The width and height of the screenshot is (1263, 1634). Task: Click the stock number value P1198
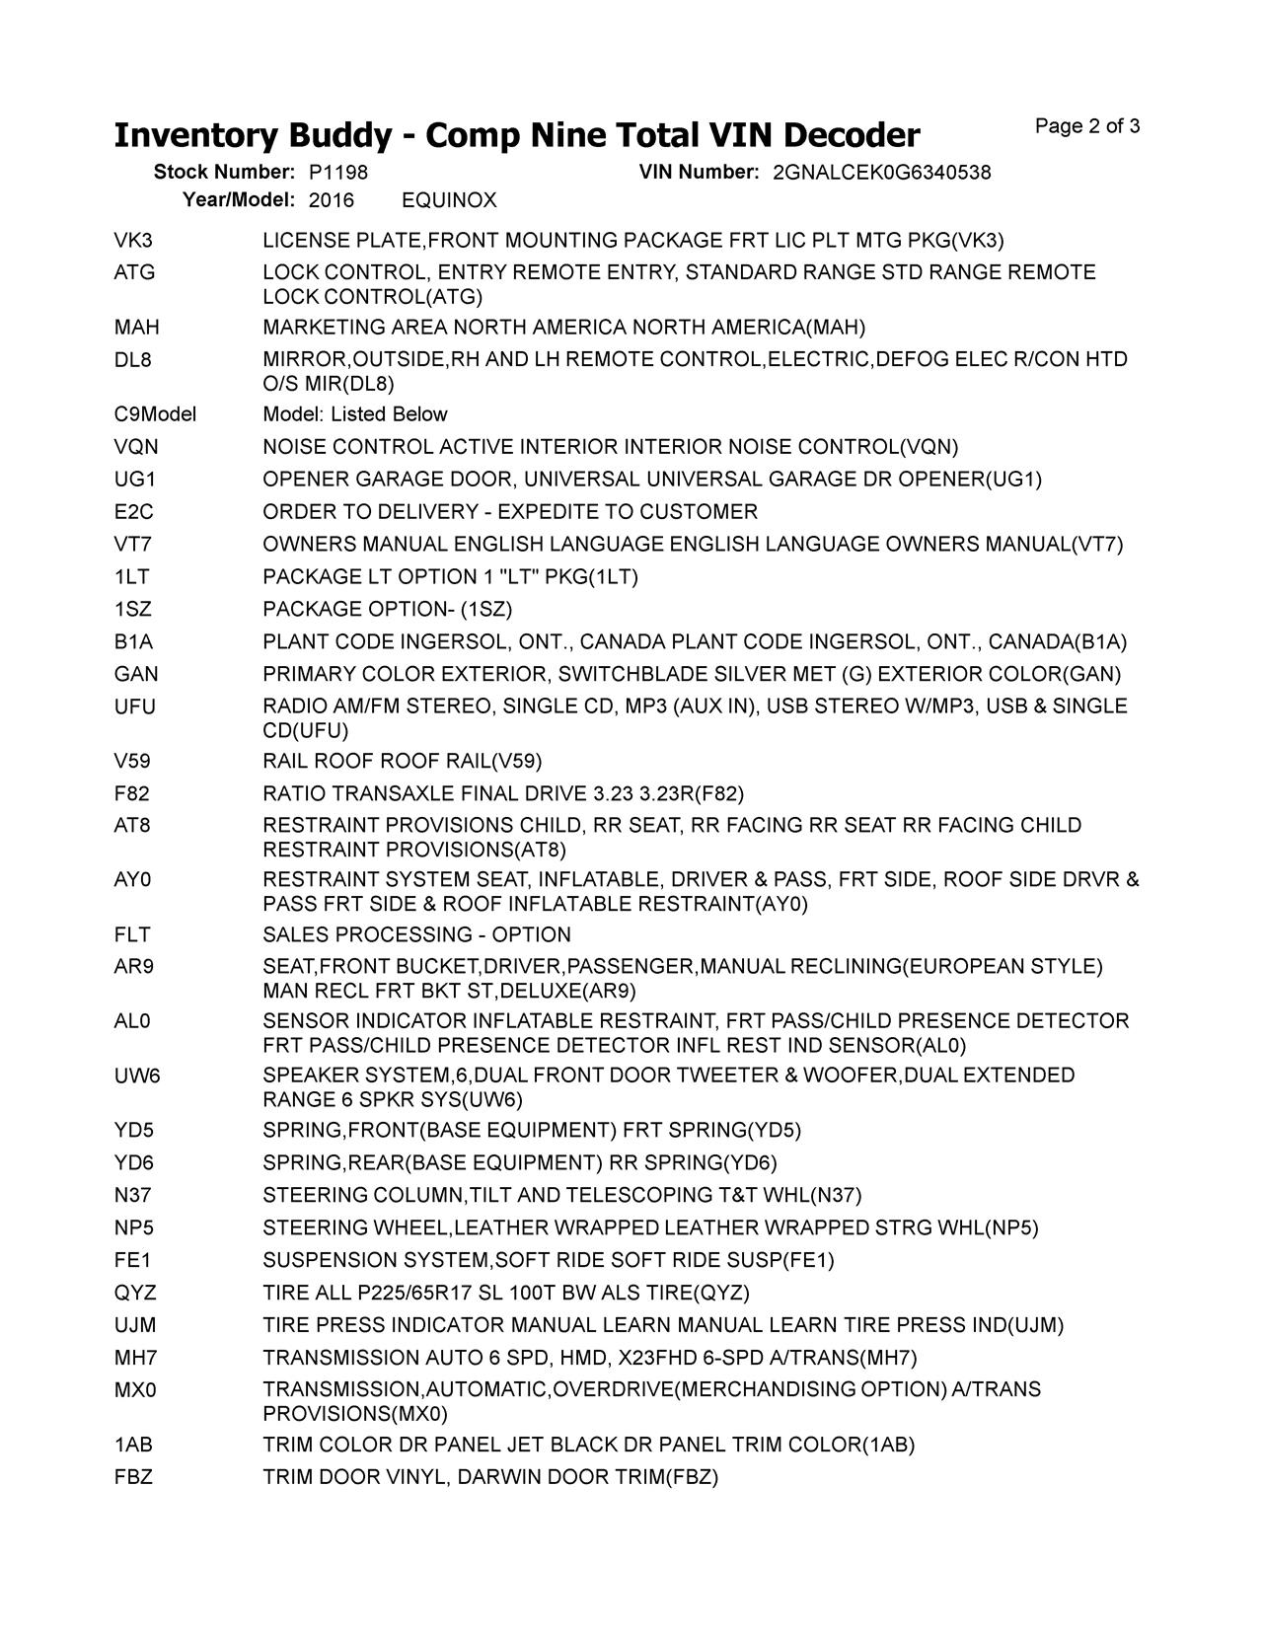tap(337, 173)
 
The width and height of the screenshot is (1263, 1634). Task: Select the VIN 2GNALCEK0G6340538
tap(881, 173)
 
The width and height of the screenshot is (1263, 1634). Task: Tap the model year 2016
tap(331, 200)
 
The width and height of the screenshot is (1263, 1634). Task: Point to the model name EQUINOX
tap(449, 200)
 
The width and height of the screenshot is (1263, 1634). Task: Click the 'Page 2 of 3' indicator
tap(1087, 126)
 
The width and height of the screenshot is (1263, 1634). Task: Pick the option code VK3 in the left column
tap(133, 241)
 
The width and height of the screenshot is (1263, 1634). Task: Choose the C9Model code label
tap(155, 414)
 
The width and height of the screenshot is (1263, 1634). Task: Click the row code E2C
tap(133, 512)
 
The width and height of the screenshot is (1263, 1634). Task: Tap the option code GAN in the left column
tap(136, 675)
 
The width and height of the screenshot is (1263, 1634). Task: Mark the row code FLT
tap(133, 934)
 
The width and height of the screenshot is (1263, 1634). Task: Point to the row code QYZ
tap(135, 1293)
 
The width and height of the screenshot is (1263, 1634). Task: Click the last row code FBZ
tap(133, 1477)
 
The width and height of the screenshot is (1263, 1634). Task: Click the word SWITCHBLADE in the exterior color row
tap(640, 675)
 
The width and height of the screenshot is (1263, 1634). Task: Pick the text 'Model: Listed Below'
tap(355, 414)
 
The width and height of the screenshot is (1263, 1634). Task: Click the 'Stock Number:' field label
tap(224, 173)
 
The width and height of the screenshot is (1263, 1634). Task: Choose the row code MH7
tap(135, 1358)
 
